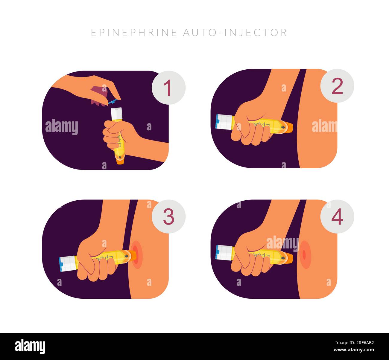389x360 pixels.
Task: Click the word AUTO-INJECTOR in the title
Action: pos(235,32)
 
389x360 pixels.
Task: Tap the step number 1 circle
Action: pos(168,88)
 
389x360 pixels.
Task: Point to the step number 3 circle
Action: pos(168,217)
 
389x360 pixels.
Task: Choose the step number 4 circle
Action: pos(337,217)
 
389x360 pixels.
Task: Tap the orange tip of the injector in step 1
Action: pos(120,161)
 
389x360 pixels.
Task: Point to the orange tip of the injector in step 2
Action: pos(289,127)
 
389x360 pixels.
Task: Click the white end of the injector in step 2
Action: pos(224,122)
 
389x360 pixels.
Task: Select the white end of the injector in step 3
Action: pos(67,263)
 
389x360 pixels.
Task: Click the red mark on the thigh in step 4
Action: pos(304,254)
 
